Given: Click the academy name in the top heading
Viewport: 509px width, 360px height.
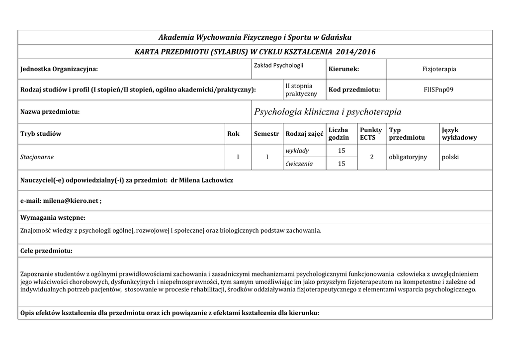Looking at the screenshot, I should coord(254,37).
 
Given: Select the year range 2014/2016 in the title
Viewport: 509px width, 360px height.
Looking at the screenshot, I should coord(355,52).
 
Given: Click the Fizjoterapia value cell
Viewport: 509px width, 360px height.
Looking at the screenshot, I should coord(439,69).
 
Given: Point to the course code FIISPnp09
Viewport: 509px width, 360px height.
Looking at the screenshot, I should coord(439,90).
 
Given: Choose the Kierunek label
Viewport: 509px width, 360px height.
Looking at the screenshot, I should coord(343,69).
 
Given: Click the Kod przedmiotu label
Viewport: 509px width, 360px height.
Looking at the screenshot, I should coord(354,90).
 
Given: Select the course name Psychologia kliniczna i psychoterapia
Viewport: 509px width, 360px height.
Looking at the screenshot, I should coord(328,112).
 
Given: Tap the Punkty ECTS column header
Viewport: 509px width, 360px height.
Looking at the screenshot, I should coord(371,133).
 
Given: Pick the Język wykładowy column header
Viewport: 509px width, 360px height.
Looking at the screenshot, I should coord(459,133).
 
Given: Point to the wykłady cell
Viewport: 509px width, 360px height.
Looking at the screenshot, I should coord(297,151).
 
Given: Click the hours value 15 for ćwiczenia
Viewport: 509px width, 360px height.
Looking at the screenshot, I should coord(341,164).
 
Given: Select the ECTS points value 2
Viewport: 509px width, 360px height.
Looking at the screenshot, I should coord(371,157).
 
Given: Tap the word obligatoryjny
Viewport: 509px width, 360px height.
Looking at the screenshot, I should coord(408,157).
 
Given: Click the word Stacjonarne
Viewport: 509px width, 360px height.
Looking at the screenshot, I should coord(37,157).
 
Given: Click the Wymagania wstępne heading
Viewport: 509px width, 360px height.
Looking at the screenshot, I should coord(52,217).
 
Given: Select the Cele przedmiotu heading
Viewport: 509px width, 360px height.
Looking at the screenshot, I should coord(46,251).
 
